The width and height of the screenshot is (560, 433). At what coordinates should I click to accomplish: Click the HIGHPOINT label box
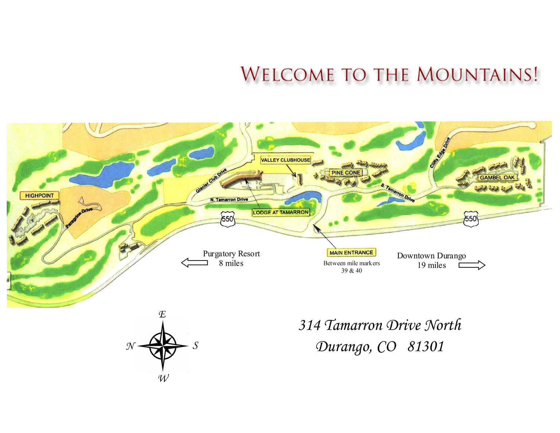[x=39, y=196]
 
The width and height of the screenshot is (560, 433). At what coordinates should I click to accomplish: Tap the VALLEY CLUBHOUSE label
[x=285, y=160]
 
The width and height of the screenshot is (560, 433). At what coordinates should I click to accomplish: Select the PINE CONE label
[x=346, y=173]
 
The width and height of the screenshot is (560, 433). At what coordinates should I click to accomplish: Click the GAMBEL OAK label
[x=497, y=178]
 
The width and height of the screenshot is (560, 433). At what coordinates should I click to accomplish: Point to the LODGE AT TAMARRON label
[x=281, y=212]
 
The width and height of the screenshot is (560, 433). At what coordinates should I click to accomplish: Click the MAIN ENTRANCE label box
[x=351, y=252]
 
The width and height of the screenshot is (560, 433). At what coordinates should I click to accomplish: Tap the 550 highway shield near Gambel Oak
[x=471, y=219]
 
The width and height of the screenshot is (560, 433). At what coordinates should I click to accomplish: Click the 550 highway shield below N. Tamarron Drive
[x=227, y=220]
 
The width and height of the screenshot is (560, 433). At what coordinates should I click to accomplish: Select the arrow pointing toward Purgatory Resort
[x=194, y=263]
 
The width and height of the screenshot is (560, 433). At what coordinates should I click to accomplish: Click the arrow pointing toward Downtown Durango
[x=472, y=265]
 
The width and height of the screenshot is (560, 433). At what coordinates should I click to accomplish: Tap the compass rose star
[x=163, y=345]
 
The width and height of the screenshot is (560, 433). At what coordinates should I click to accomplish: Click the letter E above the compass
[x=163, y=314]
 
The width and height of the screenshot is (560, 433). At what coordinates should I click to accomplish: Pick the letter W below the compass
[x=163, y=378]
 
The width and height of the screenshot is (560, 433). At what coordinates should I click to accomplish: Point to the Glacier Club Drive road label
[x=211, y=181]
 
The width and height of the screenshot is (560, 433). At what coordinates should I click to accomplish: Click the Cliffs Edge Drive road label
[x=440, y=152]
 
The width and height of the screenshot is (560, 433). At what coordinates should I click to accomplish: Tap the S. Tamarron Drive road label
[x=398, y=193]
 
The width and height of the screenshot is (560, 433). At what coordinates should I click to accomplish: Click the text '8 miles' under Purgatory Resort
[x=231, y=263]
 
